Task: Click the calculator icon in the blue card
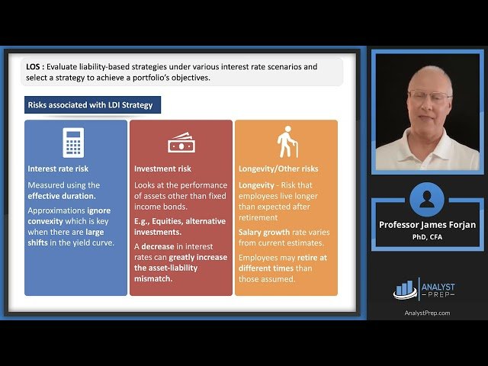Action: [x=74, y=143]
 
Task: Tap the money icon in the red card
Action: [x=181, y=143]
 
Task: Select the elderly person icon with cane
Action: [x=287, y=142]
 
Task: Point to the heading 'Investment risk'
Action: [x=162, y=169]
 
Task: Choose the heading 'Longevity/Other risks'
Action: [x=278, y=169]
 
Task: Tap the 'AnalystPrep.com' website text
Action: [x=426, y=313]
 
